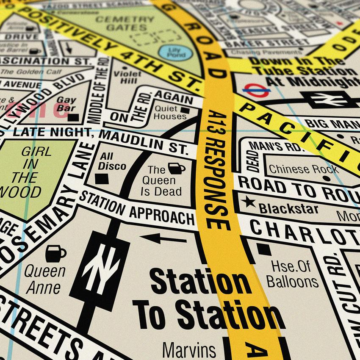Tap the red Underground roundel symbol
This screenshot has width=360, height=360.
tap(257, 90)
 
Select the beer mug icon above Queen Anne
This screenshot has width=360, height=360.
tap(55, 253)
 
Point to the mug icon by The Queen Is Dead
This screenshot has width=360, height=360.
tap(176, 168)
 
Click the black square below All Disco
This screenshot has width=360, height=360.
tap(102, 179)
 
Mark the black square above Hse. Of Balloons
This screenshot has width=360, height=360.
tap(264, 249)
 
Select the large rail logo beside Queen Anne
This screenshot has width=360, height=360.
tap(100, 266)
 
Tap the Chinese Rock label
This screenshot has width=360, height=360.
tap(303, 169)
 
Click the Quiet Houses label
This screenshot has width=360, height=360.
tap(170, 112)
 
